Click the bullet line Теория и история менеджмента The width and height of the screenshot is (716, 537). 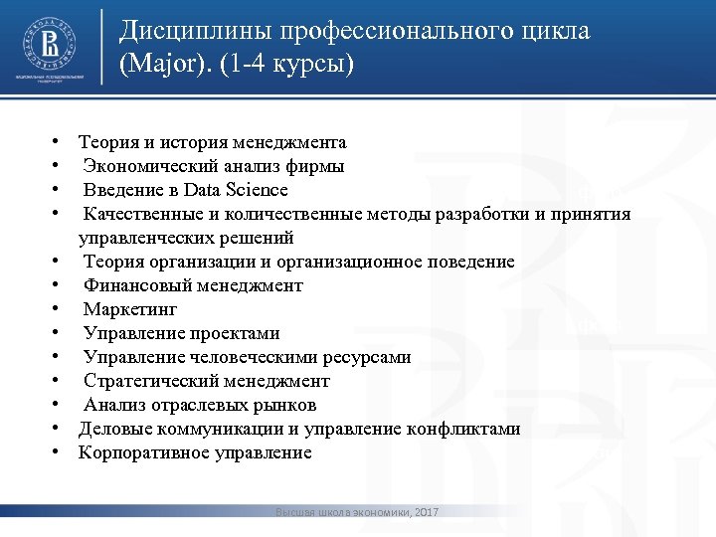tap(212, 142)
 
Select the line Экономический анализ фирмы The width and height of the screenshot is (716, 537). tap(214, 166)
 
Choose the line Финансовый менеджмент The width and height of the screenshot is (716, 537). tap(193, 285)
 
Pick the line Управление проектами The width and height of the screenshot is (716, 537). tap(181, 333)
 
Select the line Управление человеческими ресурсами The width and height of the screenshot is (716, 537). tap(247, 357)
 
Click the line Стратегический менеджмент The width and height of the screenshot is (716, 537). tap(206, 381)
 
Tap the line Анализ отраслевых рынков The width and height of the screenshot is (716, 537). tap(200, 405)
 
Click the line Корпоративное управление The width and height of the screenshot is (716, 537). tap(195, 452)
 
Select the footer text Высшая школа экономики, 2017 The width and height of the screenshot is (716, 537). tap(357, 512)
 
